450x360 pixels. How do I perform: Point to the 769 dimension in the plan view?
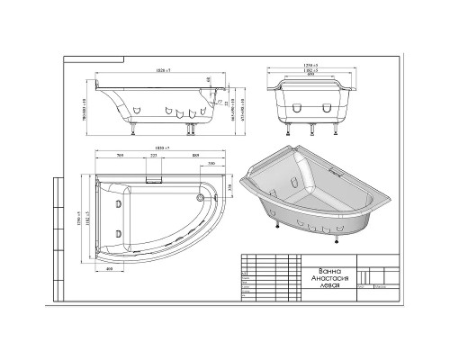pyautogui.click(x=121, y=154)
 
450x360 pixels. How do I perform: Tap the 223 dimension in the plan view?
pyautogui.click(x=153, y=154)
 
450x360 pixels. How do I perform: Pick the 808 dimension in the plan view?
pyautogui.click(x=194, y=154)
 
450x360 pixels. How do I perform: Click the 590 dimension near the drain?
pyautogui.click(x=211, y=164)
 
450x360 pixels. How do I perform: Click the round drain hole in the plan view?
pyautogui.click(x=200, y=195)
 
